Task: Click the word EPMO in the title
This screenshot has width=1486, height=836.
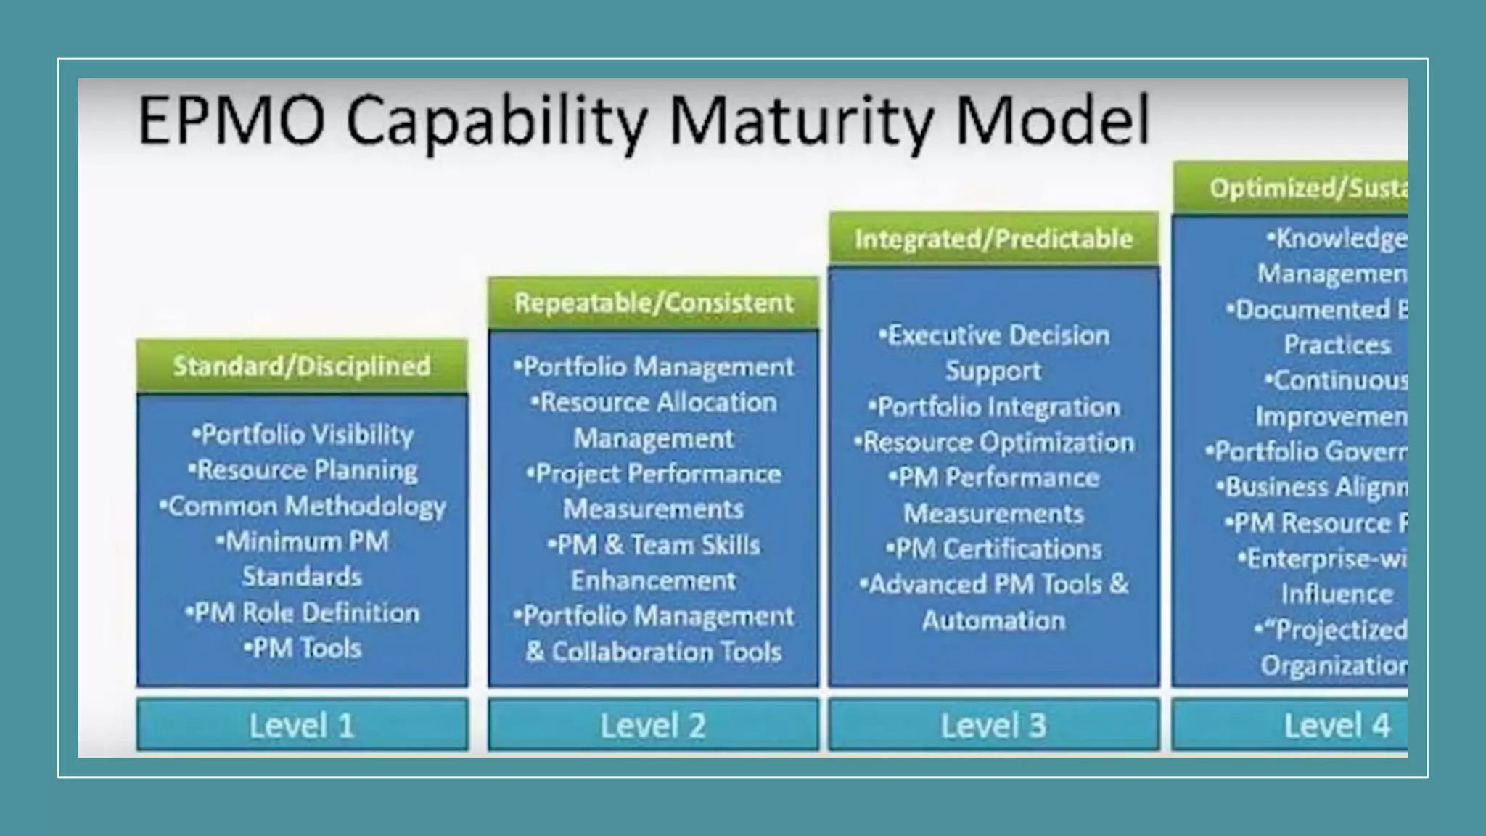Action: point(231,120)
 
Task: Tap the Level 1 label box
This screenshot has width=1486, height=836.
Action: point(302,725)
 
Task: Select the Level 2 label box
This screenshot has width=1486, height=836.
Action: point(652,725)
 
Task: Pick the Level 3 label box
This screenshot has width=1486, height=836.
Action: point(993,725)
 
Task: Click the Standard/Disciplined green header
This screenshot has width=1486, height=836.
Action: point(302,366)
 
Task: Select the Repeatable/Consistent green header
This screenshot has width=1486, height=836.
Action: point(653,303)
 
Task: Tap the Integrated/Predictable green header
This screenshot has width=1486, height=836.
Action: point(993,239)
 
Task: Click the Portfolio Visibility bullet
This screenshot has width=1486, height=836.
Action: point(303,435)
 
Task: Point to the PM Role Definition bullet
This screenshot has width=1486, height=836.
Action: point(303,612)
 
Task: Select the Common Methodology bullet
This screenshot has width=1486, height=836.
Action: point(303,506)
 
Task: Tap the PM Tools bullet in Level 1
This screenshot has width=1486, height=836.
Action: point(303,648)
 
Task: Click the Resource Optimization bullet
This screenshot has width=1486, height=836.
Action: point(994,443)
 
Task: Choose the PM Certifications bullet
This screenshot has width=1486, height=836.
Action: point(994,549)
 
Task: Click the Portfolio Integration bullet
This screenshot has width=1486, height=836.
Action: point(994,407)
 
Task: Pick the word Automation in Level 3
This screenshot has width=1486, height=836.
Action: point(994,620)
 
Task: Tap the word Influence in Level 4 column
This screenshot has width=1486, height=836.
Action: point(1337,594)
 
